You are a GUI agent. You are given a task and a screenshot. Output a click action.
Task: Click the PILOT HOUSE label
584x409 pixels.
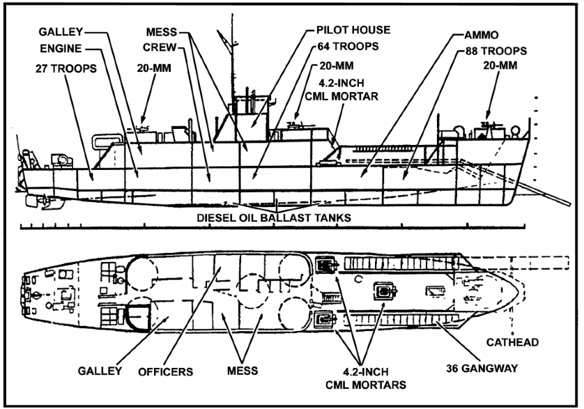[x=353, y=30]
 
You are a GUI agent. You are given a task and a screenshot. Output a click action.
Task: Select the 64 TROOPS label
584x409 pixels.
[x=348, y=47]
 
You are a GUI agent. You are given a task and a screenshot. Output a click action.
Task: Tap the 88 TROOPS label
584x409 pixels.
[x=496, y=51]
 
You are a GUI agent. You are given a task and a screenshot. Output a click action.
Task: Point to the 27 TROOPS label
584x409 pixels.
[x=66, y=68]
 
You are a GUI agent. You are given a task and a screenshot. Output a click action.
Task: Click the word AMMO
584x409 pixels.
[x=481, y=35]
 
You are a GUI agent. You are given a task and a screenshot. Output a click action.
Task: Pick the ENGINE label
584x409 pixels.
[x=61, y=49]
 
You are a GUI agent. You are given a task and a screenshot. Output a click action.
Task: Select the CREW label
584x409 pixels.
[x=160, y=47]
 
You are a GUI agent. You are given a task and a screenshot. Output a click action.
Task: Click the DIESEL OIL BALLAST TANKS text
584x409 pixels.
[x=274, y=217]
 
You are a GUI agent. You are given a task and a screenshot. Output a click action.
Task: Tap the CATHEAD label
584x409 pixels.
[x=512, y=342]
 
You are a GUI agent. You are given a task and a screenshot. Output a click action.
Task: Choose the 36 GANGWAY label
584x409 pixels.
[x=482, y=369]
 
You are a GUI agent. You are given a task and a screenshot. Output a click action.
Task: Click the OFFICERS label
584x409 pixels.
[x=165, y=372]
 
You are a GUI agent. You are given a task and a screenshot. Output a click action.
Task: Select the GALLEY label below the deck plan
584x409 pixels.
[x=100, y=371]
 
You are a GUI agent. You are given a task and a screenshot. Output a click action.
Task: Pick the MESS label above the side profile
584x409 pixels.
[x=161, y=32]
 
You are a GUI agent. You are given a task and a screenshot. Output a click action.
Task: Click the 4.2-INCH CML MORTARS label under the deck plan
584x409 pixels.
[x=366, y=378]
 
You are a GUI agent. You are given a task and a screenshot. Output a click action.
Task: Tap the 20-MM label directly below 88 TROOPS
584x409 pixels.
[x=500, y=65]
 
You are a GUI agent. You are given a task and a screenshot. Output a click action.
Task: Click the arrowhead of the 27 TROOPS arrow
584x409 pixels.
[x=91, y=178]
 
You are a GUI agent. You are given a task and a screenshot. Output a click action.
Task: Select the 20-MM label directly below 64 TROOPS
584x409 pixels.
[x=337, y=66]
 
